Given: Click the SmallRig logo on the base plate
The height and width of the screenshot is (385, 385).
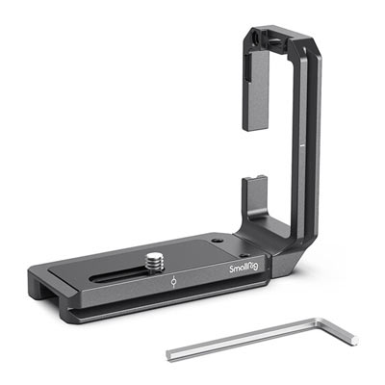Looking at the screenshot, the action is [x=244, y=268].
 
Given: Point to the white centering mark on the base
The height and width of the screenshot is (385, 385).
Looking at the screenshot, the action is [x=173, y=281].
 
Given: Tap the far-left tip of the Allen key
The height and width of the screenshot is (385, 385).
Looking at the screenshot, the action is [x=167, y=355].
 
